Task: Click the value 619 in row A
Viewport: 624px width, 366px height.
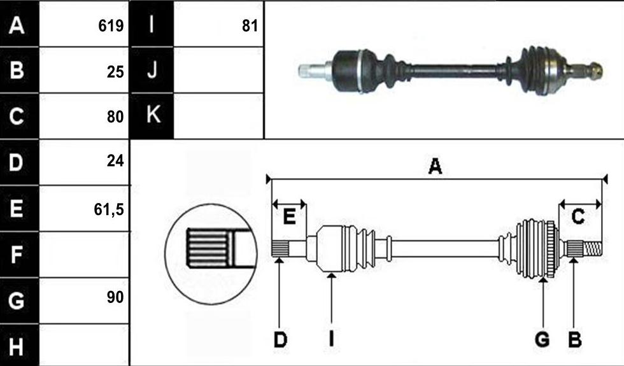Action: pos(111,26)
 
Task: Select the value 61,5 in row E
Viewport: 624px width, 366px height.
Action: pos(109,209)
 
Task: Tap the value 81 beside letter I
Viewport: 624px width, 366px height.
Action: pos(250,26)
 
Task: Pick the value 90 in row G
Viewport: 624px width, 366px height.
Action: pos(115,297)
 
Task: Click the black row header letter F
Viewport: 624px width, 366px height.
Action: pos(17,255)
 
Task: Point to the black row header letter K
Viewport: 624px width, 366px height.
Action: pos(153,115)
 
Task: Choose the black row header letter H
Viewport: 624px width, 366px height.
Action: pos(16,346)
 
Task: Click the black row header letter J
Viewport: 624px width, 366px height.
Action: pos(152,70)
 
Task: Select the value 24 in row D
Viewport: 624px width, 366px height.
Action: pos(115,161)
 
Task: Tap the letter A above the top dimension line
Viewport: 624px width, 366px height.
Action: pos(435,166)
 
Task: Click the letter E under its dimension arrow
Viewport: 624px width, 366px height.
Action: pos(289,217)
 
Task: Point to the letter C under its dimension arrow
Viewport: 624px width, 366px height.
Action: pos(578,217)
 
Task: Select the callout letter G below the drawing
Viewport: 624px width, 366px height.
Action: pos(542,339)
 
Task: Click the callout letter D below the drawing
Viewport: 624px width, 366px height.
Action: pos(280,339)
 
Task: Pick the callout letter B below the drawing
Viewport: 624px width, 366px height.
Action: pos(574,339)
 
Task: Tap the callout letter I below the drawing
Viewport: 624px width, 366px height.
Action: pos(331,339)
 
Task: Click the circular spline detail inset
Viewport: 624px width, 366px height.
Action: pos(211,254)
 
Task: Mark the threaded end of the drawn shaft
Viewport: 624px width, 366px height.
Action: pos(593,250)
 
